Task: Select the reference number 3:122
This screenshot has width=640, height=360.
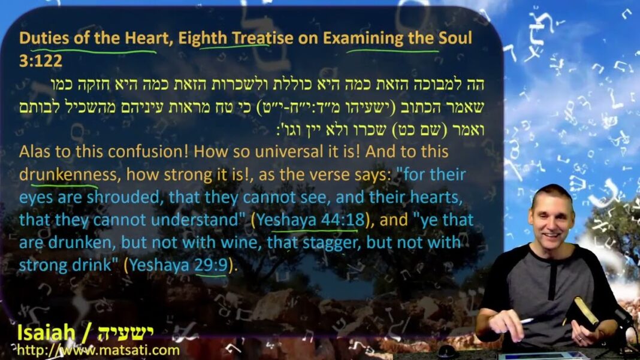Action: pyautogui.click(x=41, y=61)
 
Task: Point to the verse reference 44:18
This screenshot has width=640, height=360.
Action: pyautogui.click(x=343, y=220)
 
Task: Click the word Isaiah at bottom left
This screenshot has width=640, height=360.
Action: pyautogui.click(x=46, y=334)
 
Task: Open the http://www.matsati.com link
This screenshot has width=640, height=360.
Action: pyautogui.click(x=98, y=350)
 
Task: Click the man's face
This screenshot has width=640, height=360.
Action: pyautogui.click(x=552, y=221)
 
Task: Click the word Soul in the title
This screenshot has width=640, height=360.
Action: pyautogui.click(x=455, y=38)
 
